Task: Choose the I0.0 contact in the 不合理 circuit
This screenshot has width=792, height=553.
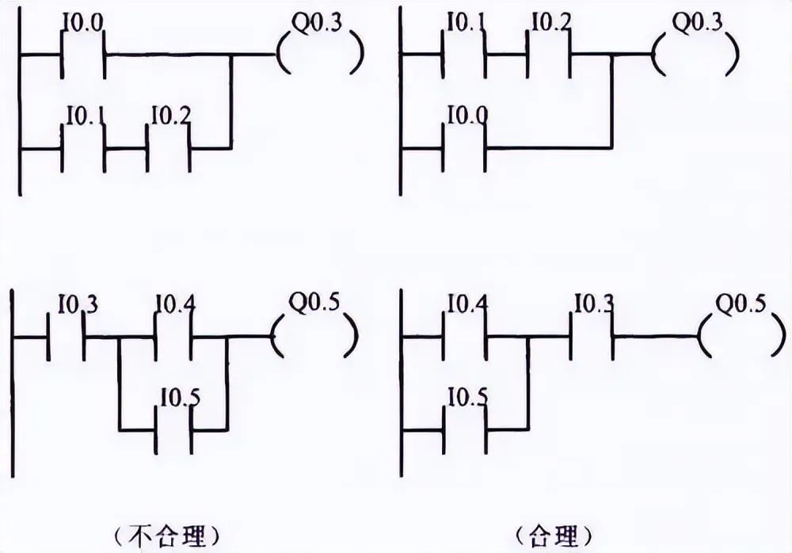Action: coord(83,55)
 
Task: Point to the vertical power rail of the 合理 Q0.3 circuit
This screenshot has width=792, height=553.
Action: coord(401,103)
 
